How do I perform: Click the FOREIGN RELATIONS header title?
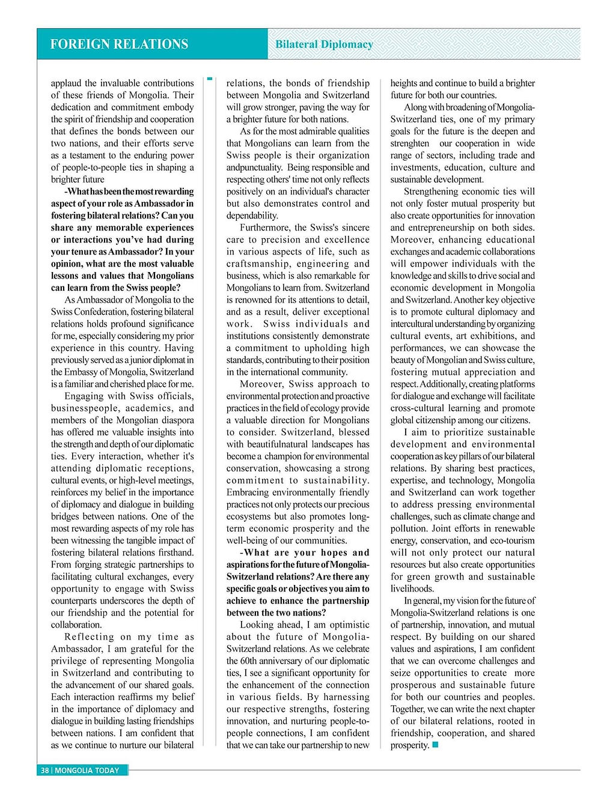pos(119,44)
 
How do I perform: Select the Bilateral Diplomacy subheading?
pos(324,44)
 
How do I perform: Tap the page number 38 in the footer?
pos(44,770)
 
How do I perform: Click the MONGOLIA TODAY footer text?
pos(87,770)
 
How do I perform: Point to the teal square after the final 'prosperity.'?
pos(435,745)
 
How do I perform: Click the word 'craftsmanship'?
pos(255,264)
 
